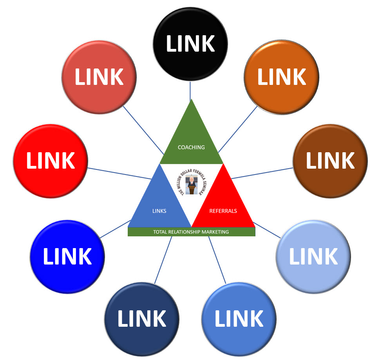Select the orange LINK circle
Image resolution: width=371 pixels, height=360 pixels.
click(x=281, y=90)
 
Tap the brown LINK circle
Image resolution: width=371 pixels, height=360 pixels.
click(x=330, y=172)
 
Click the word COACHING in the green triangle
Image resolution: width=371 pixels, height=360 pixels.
click(x=191, y=148)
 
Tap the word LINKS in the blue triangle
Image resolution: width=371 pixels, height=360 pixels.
click(x=159, y=211)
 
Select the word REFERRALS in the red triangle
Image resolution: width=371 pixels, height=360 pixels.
click(x=223, y=211)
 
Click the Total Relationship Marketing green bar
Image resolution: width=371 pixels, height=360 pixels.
click(x=191, y=232)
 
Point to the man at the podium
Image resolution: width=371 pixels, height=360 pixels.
click(x=192, y=184)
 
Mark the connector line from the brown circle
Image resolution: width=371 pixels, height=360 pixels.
click(x=262, y=173)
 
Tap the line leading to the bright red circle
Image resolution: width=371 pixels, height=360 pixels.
click(x=119, y=173)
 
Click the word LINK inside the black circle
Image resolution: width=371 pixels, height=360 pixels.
click(x=190, y=43)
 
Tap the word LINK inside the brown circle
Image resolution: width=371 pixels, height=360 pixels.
click(x=330, y=160)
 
